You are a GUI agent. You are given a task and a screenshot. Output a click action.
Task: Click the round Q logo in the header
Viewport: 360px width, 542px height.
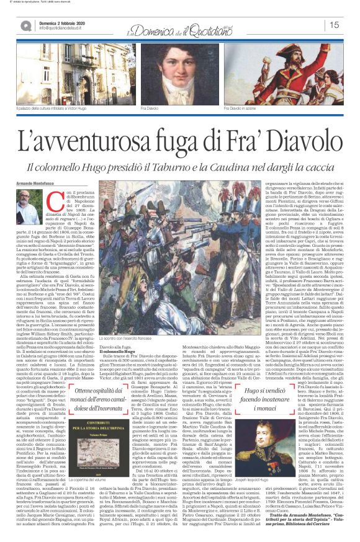[26, 25]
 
